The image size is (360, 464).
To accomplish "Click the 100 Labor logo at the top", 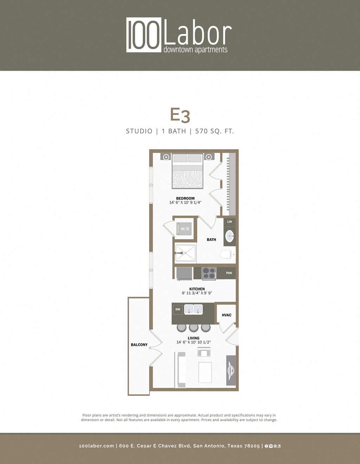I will pyautogui.click(x=179, y=35).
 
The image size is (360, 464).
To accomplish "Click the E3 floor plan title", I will pyautogui.click(x=180, y=115).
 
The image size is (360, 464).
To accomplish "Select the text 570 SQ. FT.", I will pyautogui.click(x=214, y=131).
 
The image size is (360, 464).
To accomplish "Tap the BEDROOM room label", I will pyautogui.click(x=185, y=198).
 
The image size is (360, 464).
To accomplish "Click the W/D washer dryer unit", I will pyautogui.click(x=185, y=229).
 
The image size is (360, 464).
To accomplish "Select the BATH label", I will pyautogui.click(x=211, y=240).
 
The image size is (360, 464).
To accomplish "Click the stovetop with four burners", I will pyautogui.click(x=209, y=273).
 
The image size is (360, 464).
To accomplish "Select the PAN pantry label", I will pyautogui.click(x=229, y=273).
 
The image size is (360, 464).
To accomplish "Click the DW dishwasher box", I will pyautogui.click(x=178, y=309).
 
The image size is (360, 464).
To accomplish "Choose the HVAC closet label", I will pyautogui.click(x=226, y=315).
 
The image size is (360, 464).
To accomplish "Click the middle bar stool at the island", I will pyautogui.click(x=194, y=327).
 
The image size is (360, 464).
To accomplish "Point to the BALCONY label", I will pyautogui.click(x=139, y=345).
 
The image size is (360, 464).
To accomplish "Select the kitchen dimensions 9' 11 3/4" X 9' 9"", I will pyautogui.click(x=197, y=293).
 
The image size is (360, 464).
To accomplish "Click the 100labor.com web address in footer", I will pyautogui.click(x=96, y=446).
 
